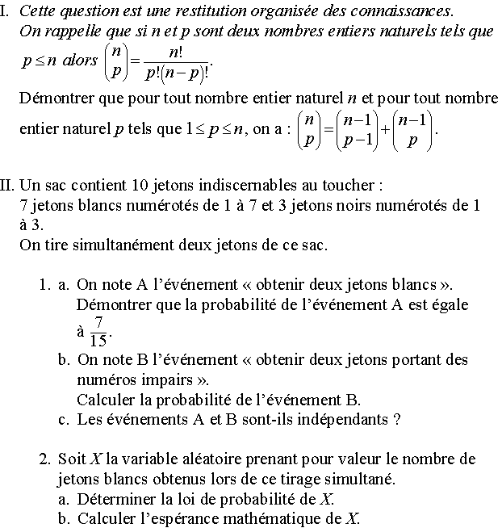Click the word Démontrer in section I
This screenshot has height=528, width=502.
53,98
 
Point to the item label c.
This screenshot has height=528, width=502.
63,419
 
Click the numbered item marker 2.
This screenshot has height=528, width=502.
45,459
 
